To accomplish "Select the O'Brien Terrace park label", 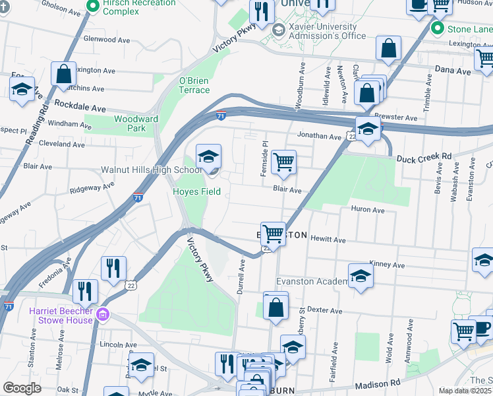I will click(x=194, y=85).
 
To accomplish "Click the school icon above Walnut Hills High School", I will click(x=209, y=156).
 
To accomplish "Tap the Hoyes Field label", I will click(x=196, y=192).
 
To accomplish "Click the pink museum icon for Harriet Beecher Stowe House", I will click(x=103, y=312).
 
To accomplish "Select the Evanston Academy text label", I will click(x=312, y=282).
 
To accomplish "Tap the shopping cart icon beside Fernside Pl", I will click(x=283, y=162).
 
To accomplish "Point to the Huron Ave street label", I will click(x=368, y=210).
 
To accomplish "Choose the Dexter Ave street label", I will click(x=328, y=310).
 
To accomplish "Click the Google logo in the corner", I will click(x=22, y=388).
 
